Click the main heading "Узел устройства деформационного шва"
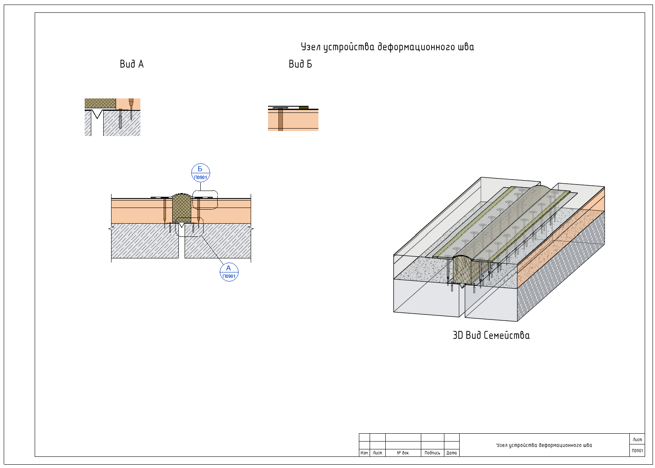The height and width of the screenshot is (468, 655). [x=387, y=47]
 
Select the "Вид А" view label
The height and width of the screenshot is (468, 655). [x=132, y=64]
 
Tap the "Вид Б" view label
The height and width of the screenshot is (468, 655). [x=300, y=64]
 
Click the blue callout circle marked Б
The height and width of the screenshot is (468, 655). [x=201, y=173]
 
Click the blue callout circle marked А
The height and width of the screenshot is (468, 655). [x=229, y=272]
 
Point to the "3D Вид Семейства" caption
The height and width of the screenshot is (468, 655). [x=491, y=335]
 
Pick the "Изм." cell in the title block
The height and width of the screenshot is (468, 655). [x=364, y=453]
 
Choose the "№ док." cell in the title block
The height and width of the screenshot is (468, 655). [x=403, y=453]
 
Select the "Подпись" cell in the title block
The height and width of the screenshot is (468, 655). [x=432, y=453]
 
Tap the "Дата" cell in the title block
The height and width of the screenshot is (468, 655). [x=451, y=453]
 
